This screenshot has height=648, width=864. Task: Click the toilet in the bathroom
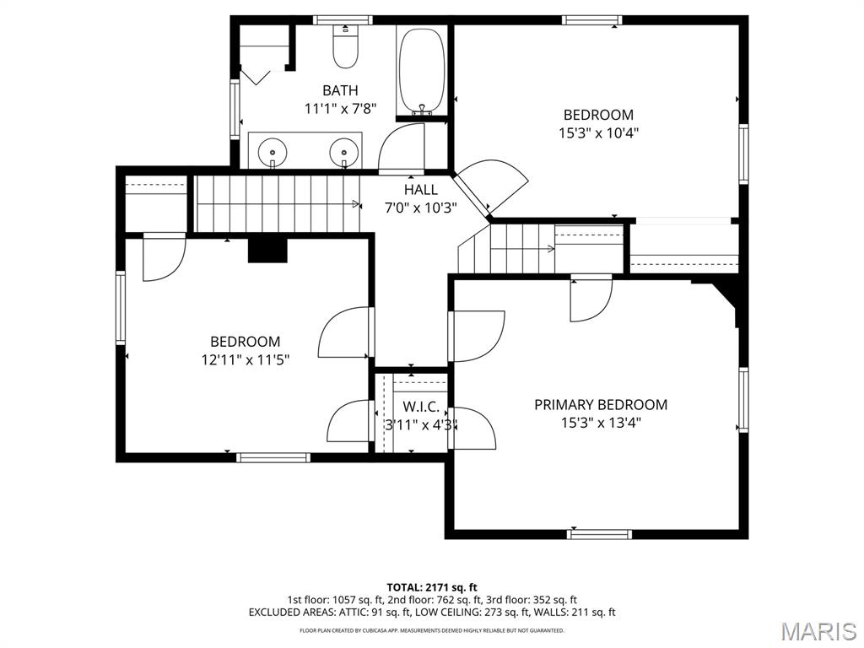tap(344, 48)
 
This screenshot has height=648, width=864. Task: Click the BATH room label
tap(340, 90)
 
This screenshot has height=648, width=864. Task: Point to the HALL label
tap(420, 190)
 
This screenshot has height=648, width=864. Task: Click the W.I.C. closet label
tap(421, 407)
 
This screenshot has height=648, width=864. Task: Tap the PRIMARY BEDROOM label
tap(600, 405)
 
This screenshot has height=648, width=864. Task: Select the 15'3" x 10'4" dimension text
tap(597, 132)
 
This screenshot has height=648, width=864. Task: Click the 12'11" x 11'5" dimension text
tap(245, 359)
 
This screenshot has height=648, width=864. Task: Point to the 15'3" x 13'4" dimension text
tap(600, 423)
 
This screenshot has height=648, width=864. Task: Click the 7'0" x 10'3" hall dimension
tap(420, 208)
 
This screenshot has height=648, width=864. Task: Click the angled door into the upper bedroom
tap(494, 186)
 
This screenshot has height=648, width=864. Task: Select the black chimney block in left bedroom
tap(267, 251)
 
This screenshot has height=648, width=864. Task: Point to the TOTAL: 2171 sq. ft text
tap(432, 587)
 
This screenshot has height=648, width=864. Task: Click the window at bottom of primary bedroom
tap(599, 533)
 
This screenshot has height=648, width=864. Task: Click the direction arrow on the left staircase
tap(355, 203)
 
